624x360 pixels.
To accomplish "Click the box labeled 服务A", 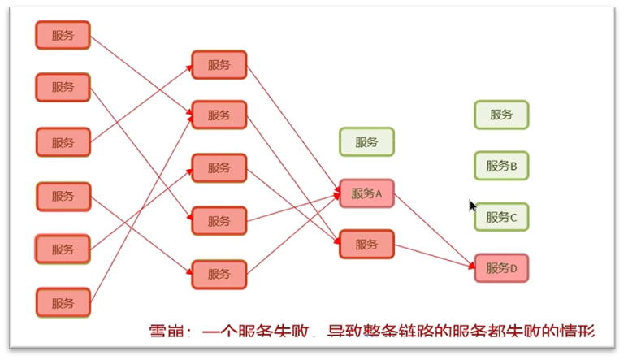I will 366,194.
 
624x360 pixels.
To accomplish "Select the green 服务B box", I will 501,166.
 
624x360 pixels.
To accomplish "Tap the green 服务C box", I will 501,217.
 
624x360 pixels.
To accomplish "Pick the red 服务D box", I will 501,268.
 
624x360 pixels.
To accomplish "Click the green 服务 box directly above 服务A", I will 366,142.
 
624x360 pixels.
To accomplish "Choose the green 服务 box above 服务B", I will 501,115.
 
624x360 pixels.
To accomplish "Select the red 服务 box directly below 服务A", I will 366,244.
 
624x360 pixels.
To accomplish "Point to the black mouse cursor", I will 472,206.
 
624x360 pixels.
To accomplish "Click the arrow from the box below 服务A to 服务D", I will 435,255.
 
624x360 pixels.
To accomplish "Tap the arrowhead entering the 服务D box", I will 470,264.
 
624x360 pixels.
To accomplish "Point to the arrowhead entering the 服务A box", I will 335,193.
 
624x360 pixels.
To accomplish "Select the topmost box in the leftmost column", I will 63,35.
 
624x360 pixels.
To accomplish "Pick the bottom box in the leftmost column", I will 63,303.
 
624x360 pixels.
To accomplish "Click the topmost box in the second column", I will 219,65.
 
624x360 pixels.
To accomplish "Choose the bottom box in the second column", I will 219,274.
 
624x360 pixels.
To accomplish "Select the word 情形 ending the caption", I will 578,332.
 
